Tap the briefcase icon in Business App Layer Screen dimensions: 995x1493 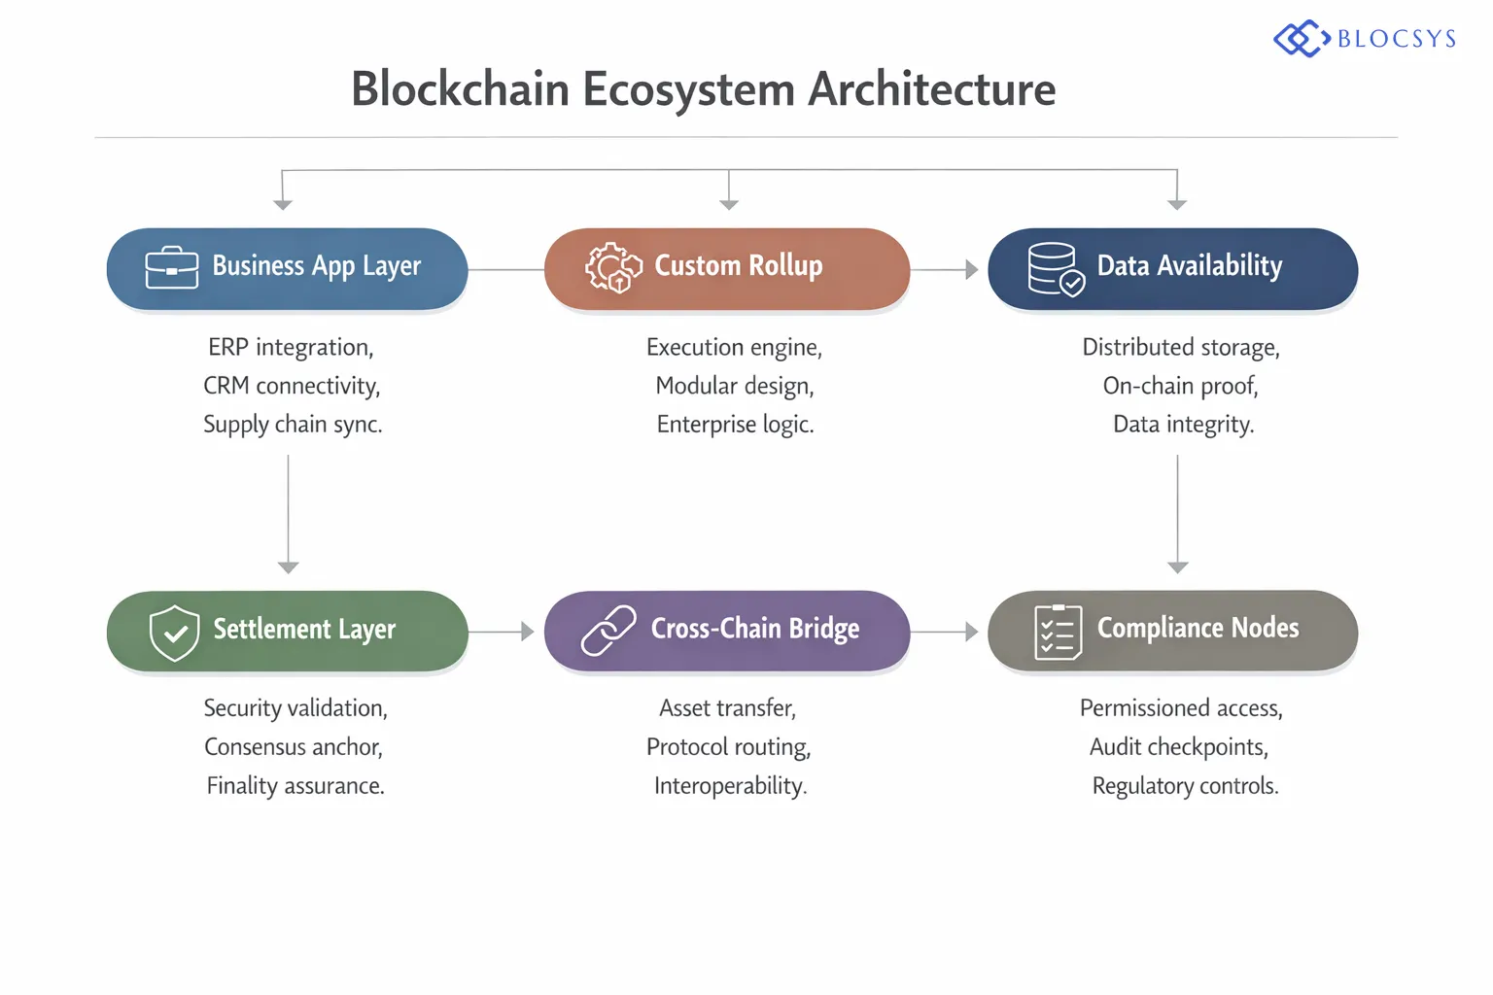[x=171, y=267]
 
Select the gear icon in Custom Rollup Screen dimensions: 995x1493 [x=613, y=267]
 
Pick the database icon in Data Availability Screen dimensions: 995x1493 [x=1056, y=269]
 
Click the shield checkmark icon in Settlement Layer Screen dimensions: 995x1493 [x=175, y=633]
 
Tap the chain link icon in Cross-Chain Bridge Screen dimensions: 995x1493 [x=608, y=631]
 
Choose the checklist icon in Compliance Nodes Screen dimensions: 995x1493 [x=1058, y=633]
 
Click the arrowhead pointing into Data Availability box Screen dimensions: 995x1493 [x=971, y=270]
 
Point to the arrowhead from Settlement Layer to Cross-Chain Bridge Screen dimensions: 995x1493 [x=527, y=632]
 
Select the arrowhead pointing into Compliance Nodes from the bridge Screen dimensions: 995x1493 [x=971, y=632]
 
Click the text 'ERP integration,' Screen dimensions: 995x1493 [x=291, y=348]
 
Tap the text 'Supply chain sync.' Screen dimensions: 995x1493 [x=293, y=425]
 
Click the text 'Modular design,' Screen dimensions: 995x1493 [x=735, y=387]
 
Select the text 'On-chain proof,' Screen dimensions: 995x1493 [x=1180, y=387]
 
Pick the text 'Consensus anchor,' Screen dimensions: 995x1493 [x=294, y=747]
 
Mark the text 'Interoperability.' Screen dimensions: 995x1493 [x=730, y=786]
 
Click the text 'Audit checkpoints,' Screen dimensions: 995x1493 [x=1179, y=747]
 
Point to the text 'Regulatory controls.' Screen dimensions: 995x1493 [x=1185, y=786]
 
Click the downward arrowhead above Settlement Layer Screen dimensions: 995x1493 [x=288, y=567]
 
